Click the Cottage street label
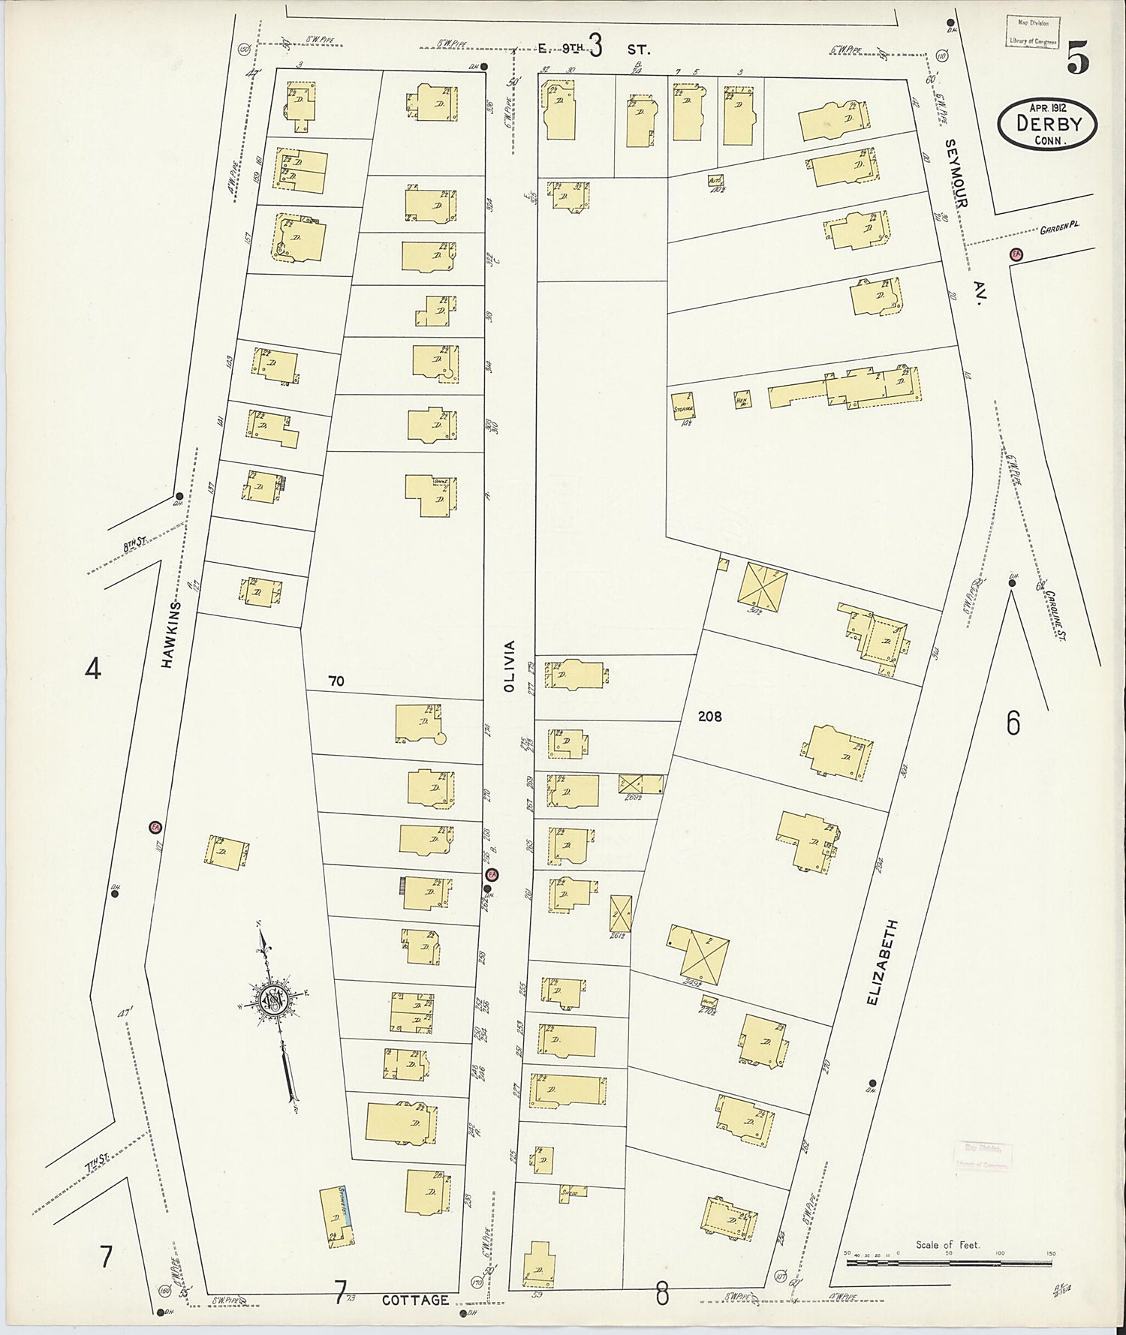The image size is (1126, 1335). click(415, 1300)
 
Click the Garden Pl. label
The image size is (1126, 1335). click(1058, 230)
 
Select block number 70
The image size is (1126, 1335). click(336, 681)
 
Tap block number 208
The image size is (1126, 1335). click(709, 717)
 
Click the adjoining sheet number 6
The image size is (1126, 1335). click(1013, 723)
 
